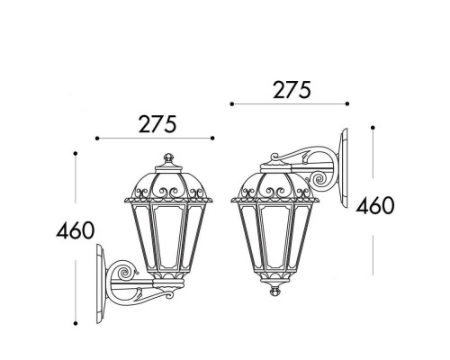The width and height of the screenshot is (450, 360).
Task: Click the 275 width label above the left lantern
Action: (x=157, y=124)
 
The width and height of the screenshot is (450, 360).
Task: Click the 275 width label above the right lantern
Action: (x=292, y=90)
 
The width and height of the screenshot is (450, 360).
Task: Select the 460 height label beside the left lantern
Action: (x=76, y=230)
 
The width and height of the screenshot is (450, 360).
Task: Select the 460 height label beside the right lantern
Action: (x=375, y=205)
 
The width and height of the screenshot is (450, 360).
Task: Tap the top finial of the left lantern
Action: (x=168, y=157)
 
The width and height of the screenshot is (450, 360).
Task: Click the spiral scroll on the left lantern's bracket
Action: (x=123, y=272)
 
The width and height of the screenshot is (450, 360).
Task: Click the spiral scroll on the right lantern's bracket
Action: (x=319, y=179)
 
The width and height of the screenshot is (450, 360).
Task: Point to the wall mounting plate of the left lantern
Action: (x=101, y=283)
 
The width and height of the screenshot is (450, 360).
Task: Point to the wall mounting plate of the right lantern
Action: (x=343, y=168)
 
